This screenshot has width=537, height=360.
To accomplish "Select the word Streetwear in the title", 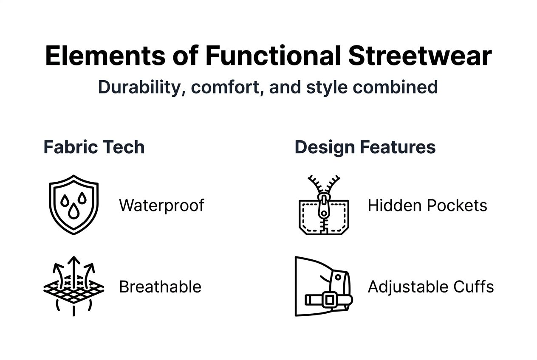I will (420, 56).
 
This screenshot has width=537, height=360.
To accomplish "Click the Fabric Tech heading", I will (94, 147).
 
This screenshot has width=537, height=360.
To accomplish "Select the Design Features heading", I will (365, 147).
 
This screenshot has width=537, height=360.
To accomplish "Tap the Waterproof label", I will (161, 205).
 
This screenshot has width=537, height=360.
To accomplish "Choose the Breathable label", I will (160, 287).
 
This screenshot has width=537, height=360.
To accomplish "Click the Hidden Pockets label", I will (427, 205).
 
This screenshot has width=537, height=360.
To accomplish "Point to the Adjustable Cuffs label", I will (430, 287).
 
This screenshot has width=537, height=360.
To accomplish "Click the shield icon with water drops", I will (74, 204).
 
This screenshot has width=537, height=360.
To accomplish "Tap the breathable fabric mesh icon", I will (74, 287).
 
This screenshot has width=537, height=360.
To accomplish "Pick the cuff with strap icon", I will (323, 287).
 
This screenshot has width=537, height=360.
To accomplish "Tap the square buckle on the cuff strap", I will (329, 300).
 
